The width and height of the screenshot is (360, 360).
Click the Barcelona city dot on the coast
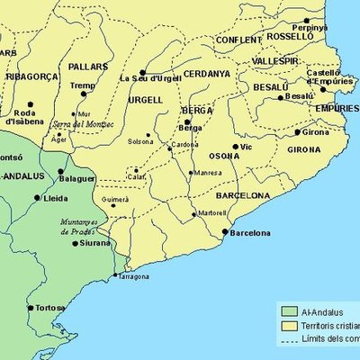coord(225,231)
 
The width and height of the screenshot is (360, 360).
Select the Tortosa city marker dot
coord(31,308)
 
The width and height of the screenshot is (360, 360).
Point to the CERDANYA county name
coord(206,73)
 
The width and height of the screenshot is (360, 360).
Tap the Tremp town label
coord(83,85)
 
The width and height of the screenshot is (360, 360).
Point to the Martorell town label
coord(212,213)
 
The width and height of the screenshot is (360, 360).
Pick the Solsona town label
coord(139,142)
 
